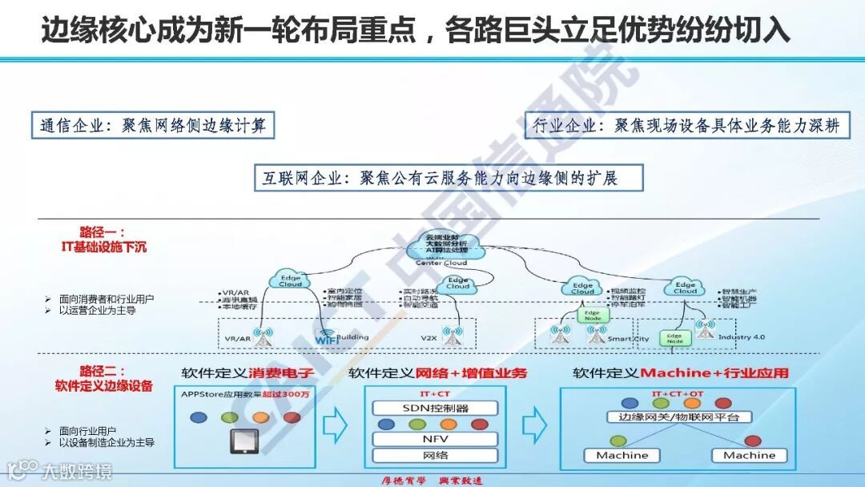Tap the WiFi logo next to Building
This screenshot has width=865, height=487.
point(326,337)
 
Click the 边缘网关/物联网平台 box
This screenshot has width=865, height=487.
point(678,418)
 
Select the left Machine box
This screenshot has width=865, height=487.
point(622,455)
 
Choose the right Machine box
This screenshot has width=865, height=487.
point(749,455)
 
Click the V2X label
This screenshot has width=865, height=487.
point(429,337)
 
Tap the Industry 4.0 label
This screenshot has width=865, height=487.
point(742,337)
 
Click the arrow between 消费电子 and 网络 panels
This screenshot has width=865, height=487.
point(337,423)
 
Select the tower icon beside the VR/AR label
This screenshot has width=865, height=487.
point(260,336)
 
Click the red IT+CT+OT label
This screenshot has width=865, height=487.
point(677,394)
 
